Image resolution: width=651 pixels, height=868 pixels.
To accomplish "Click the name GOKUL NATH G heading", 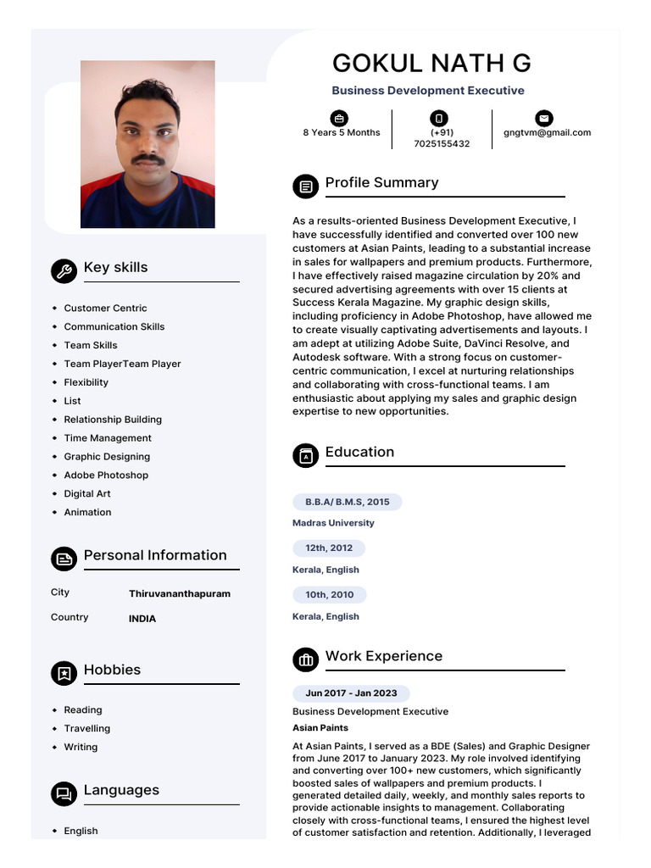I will tap(431, 64).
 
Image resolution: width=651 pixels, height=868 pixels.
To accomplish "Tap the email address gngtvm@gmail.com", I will tap(547, 132).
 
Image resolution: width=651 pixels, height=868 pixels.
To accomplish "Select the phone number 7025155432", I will tap(441, 144).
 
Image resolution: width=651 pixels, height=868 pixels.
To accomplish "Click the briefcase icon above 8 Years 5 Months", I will tap(339, 118).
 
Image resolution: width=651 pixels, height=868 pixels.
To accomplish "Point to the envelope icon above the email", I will tap(543, 118).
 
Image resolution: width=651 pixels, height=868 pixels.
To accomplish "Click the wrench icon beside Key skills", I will tap(63, 270).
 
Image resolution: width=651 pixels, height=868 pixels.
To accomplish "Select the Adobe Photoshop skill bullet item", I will tap(106, 476).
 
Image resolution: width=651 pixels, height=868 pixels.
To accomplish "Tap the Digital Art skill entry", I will tap(87, 494).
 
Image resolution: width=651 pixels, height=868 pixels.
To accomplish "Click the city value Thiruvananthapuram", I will tap(179, 594).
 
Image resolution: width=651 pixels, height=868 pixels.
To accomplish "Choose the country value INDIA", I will tap(142, 619).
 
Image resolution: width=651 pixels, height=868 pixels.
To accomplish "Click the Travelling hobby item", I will tap(87, 729).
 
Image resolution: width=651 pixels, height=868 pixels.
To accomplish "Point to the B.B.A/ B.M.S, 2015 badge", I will tap(348, 502).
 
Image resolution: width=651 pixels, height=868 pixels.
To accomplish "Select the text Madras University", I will tap(333, 523).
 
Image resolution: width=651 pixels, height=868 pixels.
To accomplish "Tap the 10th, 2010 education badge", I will tap(330, 595).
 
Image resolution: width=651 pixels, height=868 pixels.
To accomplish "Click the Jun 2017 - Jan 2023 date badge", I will tap(351, 693).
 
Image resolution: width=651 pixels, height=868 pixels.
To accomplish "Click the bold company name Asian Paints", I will tap(320, 728).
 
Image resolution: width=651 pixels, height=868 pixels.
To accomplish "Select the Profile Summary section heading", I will tap(381, 183).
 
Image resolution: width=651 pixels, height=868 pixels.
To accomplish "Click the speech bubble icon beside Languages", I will tap(63, 793).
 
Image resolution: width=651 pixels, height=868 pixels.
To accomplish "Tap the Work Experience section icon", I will tap(305, 659).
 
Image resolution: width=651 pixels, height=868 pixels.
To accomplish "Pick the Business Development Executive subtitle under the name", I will tap(427, 91).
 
